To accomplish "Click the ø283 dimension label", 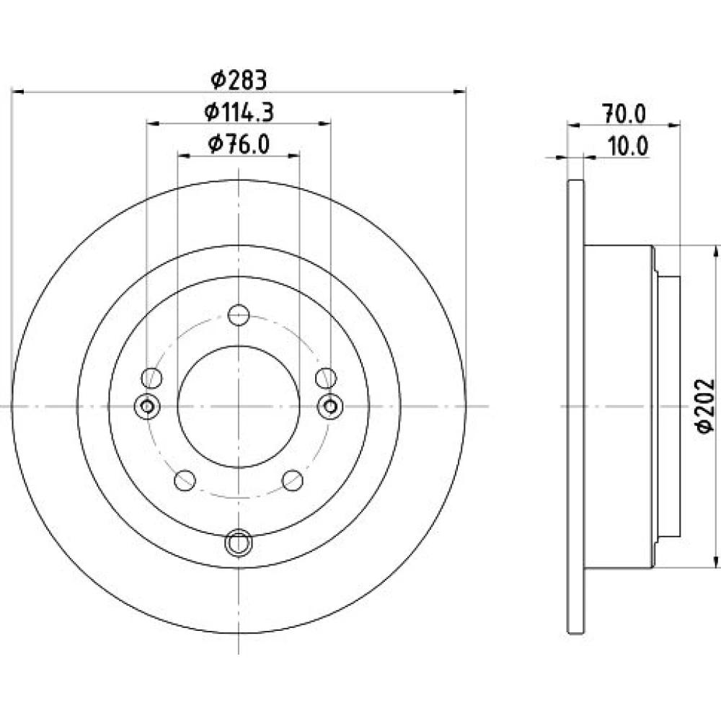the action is (x=239, y=79).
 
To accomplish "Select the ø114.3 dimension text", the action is (x=239, y=112).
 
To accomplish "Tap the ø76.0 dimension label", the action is (x=239, y=144).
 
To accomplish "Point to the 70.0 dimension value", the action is (x=624, y=114).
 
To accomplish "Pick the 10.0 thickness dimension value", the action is (x=628, y=146).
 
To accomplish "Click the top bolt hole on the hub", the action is (x=239, y=316).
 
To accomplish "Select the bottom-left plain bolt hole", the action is (x=185, y=480).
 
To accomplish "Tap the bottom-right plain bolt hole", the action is (x=293, y=480).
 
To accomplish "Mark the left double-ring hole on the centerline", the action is (x=147, y=407).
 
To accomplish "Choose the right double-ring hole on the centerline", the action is (x=330, y=407).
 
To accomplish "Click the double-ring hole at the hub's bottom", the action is (x=239, y=543).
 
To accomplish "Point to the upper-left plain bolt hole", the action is (x=151, y=378).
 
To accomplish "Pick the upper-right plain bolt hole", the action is (x=326, y=378).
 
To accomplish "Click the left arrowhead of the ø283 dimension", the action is (x=17, y=92).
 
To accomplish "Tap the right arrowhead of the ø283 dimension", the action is (x=460, y=92).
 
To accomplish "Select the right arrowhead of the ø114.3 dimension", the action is (x=324, y=123).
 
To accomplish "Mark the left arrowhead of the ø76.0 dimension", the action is (x=184, y=156).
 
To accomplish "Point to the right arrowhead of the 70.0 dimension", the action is (x=674, y=125).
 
